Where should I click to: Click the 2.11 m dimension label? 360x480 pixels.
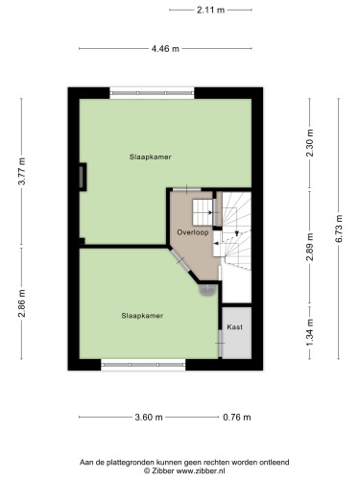click(x=210, y=11)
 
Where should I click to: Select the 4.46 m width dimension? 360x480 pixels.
click(x=165, y=49)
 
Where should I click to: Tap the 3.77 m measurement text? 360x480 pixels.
click(x=22, y=171)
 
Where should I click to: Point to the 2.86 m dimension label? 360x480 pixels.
click(x=22, y=303)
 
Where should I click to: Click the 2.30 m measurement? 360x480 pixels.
click(x=310, y=143)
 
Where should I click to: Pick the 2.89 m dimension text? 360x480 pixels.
click(x=310, y=247)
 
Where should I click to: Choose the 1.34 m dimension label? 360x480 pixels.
click(x=310, y=332)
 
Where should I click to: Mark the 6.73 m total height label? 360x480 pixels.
click(x=339, y=228)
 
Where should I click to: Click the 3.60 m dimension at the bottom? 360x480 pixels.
click(x=149, y=418)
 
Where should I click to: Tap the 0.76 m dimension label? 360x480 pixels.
click(x=237, y=418)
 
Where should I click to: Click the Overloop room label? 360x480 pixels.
click(x=193, y=232)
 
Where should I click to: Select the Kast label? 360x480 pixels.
click(x=234, y=327)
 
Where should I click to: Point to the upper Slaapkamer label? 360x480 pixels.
click(x=151, y=156)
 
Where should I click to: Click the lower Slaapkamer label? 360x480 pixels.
click(x=142, y=316)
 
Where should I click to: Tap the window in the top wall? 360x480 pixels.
click(x=152, y=93)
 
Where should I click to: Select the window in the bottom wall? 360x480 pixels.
click(x=143, y=365)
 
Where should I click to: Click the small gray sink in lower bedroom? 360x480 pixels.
click(x=207, y=289)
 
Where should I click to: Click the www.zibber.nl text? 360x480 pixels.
click(x=200, y=470)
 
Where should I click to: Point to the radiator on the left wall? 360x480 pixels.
click(x=83, y=177)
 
